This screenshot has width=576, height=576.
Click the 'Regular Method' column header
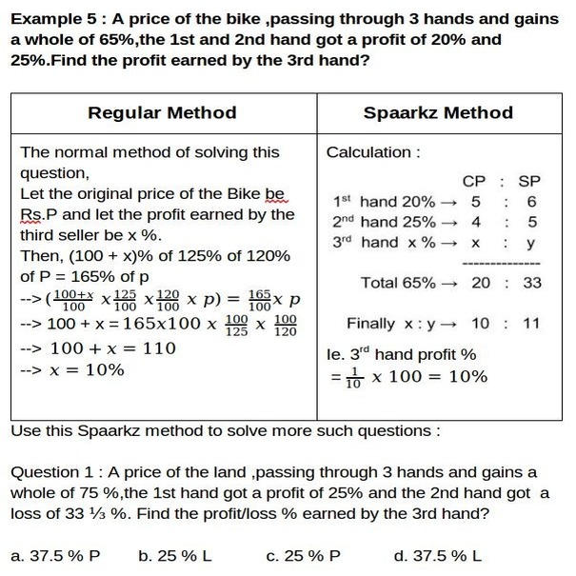tap(162, 112)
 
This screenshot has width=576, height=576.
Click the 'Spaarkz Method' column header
tap(438, 112)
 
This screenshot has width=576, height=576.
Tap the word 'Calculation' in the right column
tap(369, 152)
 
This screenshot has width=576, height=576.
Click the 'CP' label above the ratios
tap(474, 181)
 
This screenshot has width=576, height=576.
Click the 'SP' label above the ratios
tap(529, 181)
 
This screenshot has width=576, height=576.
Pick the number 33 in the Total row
tap(532, 283)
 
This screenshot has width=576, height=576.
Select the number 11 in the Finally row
tap(530, 324)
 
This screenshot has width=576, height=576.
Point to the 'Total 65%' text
tap(398, 283)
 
